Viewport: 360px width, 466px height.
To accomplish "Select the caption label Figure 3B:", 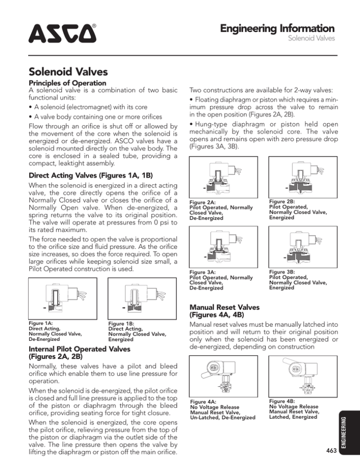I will (283, 271).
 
